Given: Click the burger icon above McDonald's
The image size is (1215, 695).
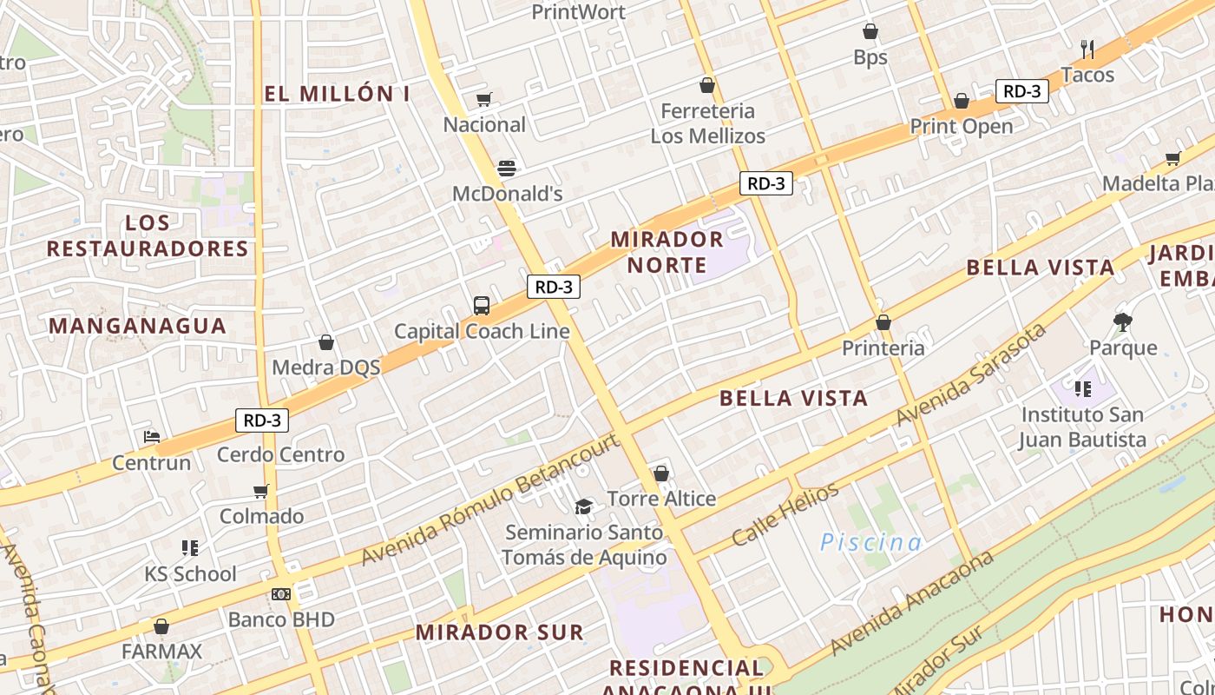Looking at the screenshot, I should click(507, 168).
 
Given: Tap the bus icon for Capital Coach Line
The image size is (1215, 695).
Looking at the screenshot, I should click(482, 305).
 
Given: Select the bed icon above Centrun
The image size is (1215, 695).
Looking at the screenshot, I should click(152, 436).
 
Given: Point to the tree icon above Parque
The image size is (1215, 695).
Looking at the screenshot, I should click(1123, 322).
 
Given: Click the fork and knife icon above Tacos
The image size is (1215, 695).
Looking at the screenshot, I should click(1087, 49).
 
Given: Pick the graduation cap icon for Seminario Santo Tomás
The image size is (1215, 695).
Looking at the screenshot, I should click(584, 506).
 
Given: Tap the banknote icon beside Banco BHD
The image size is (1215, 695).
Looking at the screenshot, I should click(280, 594).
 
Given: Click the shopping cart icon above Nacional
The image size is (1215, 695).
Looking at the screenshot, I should click(484, 99).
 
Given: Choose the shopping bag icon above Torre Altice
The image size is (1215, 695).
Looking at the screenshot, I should click(661, 473).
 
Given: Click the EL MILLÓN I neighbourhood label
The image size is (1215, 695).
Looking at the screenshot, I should click(337, 94).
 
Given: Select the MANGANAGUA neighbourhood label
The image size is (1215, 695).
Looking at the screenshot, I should click(137, 327).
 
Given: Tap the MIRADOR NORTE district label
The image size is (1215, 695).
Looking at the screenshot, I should click(667, 251).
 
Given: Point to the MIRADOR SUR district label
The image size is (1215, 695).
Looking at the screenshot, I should click(499, 632).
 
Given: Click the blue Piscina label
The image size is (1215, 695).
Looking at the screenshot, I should click(870, 543).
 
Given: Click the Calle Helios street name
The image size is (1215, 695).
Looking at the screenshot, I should click(785, 514).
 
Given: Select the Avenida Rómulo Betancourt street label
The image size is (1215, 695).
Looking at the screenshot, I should click(491, 499).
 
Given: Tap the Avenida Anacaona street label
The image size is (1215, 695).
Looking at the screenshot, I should click(911, 602).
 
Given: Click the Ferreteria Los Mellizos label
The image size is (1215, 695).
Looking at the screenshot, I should click(708, 123).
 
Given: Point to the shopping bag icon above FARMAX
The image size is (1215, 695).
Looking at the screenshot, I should click(161, 626).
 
